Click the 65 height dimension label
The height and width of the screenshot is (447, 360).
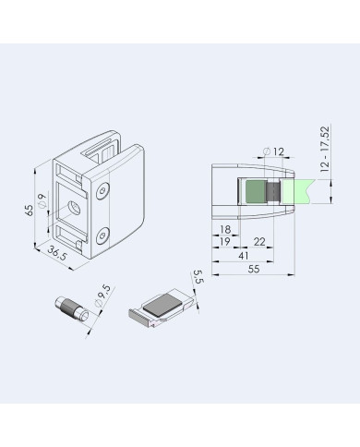(30, 211)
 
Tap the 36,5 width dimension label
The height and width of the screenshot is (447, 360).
(57, 253)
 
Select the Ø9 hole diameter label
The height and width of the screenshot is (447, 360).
(42, 200)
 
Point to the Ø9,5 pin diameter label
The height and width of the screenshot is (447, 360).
(102, 296)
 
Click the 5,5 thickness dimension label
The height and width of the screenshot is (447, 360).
(198, 277)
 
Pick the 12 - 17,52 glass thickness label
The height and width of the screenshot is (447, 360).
(325, 149)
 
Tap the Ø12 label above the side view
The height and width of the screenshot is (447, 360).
(274, 151)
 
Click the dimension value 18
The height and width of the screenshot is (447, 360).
(225, 229)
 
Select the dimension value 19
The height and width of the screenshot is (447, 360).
(225, 241)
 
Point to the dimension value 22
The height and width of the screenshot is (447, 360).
(259, 242)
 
